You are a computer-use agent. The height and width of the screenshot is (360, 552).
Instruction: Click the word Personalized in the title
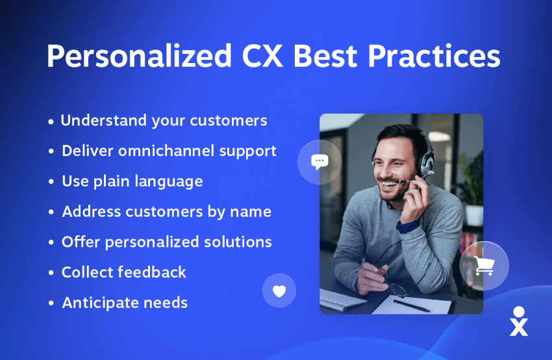coord(140,57)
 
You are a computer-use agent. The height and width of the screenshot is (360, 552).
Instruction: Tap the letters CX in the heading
coord(262,56)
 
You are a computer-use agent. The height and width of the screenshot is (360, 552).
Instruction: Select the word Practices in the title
coord(434,56)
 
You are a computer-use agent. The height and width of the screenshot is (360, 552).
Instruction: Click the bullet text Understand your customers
coord(164,121)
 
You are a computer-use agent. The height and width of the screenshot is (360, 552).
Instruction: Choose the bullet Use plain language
coord(132,182)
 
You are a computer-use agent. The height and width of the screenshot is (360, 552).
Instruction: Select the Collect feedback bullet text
coord(124,272)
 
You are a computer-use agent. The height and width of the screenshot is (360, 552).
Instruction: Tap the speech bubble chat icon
coord(320,162)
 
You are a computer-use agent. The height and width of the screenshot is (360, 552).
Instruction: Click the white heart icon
coord(279,291)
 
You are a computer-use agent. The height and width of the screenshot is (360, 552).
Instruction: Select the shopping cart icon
coord(484,266)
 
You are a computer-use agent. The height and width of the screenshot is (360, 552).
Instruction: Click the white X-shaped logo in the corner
coord(519,321)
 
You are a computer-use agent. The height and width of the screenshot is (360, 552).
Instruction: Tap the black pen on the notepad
coord(411,305)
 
